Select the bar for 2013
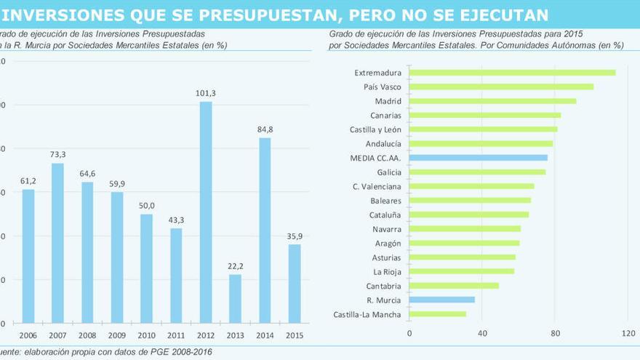235,298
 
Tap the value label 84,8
265,130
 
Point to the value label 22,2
235,266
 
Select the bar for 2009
117,257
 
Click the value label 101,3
206,93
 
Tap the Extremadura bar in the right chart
512,73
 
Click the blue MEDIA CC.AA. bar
478,158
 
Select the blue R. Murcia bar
441,300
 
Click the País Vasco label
382,87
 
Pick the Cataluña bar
468,215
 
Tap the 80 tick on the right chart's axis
555,334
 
